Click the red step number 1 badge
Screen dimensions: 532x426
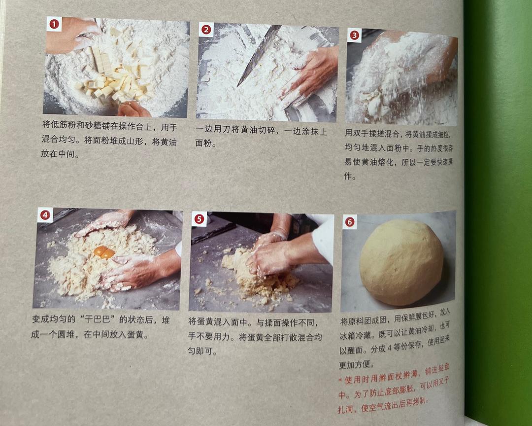(54, 24)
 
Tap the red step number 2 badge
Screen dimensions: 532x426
(206, 30)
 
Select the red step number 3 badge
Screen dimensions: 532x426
(354, 35)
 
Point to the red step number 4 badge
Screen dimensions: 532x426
(45, 215)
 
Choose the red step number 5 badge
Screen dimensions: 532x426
(199, 219)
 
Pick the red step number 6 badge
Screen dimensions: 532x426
(350, 222)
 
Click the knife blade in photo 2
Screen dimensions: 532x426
(259, 55)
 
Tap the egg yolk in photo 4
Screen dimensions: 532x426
(104, 252)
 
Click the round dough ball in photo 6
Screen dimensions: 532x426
(401, 262)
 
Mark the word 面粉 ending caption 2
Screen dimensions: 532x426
(203, 143)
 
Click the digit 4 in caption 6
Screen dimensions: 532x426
(390, 348)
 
